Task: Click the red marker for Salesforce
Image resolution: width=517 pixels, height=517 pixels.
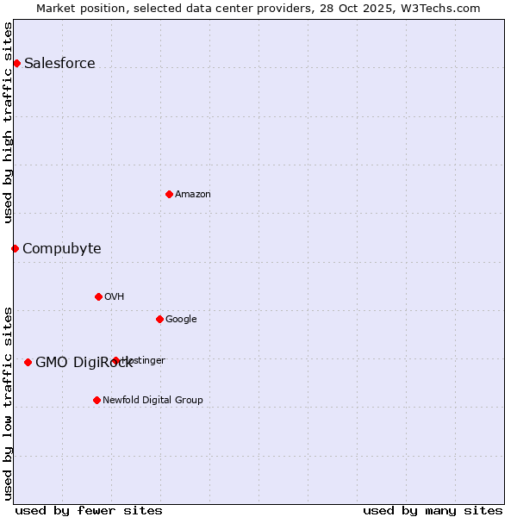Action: point(16,63)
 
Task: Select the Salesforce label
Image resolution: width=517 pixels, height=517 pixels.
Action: point(59,64)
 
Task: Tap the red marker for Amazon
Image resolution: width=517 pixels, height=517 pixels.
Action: point(169,194)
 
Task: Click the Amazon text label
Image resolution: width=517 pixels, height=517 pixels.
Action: point(193,195)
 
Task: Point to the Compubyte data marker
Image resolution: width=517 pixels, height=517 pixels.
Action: point(15,248)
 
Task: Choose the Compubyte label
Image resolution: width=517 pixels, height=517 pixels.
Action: point(61,249)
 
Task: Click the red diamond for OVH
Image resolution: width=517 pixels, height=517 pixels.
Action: point(98,296)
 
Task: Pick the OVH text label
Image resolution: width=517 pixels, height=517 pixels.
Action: point(115,297)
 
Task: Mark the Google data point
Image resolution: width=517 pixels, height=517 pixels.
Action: point(159,319)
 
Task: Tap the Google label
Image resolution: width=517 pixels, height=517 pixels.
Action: point(181,320)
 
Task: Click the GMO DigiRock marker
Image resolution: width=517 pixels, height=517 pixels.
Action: point(28,362)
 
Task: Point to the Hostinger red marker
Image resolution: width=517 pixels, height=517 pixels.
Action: point(115,360)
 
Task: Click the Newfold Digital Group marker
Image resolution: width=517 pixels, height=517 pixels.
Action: point(97,400)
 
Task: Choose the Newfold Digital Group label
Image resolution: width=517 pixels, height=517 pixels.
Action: point(153,401)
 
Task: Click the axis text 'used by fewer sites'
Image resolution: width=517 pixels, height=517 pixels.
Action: point(89,510)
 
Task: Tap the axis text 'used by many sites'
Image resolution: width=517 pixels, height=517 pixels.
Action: point(433,510)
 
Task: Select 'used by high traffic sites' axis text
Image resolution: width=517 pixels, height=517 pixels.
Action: point(9,122)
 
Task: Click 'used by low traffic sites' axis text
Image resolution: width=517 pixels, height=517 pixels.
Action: point(9,403)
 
